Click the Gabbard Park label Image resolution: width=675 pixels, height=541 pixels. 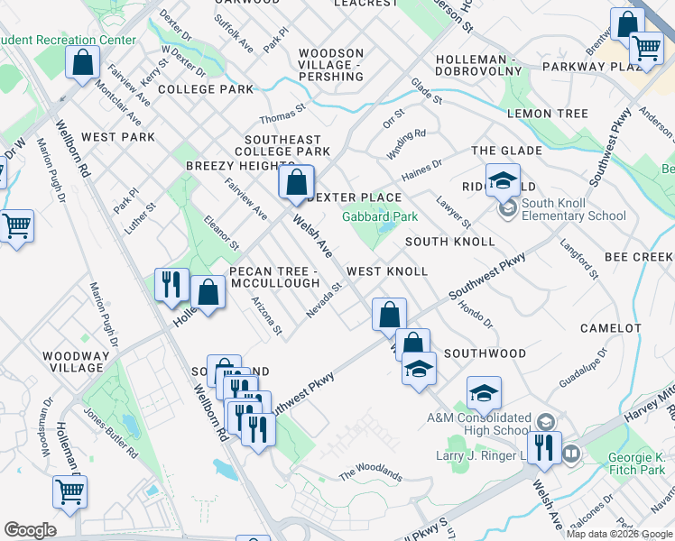pyautogui.click(x=380, y=216)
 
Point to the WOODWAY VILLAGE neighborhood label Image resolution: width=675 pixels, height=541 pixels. pyautogui.click(x=77, y=362)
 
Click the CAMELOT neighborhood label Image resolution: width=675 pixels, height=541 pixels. pyautogui.click(x=610, y=329)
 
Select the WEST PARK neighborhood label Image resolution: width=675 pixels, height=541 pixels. pyautogui.click(x=117, y=137)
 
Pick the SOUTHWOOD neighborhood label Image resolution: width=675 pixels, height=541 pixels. pyautogui.click(x=485, y=353)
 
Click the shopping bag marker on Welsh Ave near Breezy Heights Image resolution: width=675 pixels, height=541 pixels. pyautogui.click(x=296, y=184)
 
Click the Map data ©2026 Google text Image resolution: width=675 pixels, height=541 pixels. pyautogui.click(x=619, y=534)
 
